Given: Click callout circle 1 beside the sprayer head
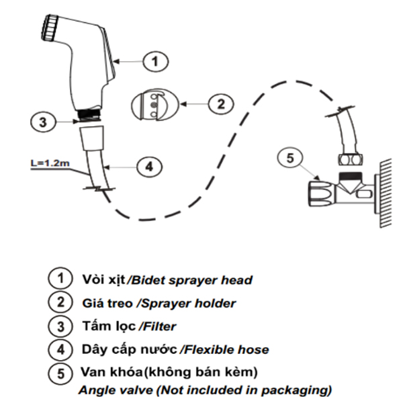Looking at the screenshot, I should [155, 62].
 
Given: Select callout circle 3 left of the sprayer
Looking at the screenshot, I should [42, 122].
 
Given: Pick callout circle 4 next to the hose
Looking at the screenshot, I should [149, 166].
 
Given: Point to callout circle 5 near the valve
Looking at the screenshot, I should [289, 159].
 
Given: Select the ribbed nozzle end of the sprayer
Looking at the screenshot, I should [50, 30].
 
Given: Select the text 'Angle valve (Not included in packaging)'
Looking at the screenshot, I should [205, 389].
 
